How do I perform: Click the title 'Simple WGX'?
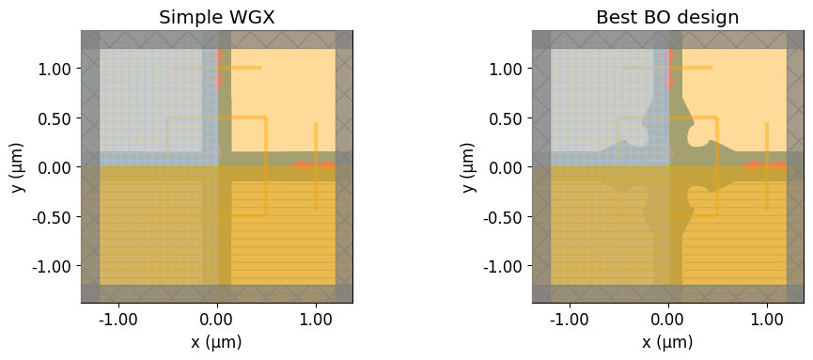pos(216,17)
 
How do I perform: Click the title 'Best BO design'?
pos(667,17)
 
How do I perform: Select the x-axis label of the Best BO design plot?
pos(668,342)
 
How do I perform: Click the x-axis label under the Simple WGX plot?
pos(217,342)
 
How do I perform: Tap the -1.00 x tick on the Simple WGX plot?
pos(118,319)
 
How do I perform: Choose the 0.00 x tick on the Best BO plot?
pos(668,319)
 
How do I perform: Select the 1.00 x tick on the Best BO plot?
pos(767,319)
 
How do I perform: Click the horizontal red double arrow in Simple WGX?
pos(313,166)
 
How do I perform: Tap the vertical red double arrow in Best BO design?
pos(670,69)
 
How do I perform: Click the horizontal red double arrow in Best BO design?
pos(764,166)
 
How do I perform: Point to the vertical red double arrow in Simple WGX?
pos(219,69)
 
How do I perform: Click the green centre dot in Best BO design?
pos(670,166)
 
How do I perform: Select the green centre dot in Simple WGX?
pos(219,166)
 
